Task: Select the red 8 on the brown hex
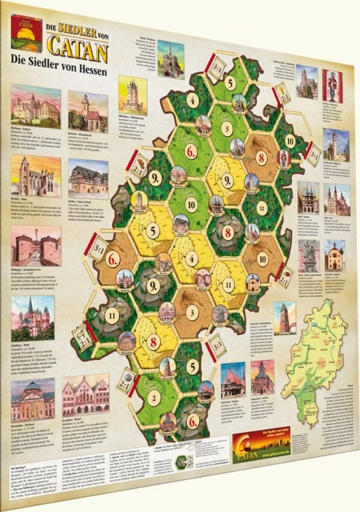[x=261, y=156]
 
